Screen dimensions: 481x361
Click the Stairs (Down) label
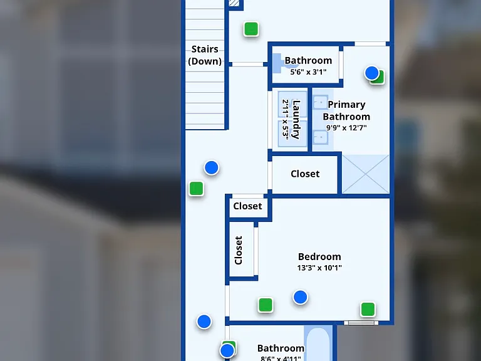[x=205, y=55]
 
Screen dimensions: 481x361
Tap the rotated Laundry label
[x=296, y=120]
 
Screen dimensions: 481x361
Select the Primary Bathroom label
[x=346, y=110]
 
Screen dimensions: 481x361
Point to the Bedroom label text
[x=319, y=256]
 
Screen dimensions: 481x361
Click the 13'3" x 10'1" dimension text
[x=319, y=268]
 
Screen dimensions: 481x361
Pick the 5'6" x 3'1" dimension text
[x=308, y=72]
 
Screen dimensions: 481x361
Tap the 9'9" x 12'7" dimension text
[x=346, y=128]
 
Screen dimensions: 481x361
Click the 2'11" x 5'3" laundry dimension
[x=286, y=120]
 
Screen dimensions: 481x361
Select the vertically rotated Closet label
[x=239, y=250]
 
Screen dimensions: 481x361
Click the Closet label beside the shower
[x=305, y=174]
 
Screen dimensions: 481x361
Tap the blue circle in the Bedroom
[x=301, y=297]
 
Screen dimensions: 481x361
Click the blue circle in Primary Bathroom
[x=372, y=73]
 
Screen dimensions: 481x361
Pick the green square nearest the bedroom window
[x=368, y=309]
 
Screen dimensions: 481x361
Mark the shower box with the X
[x=366, y=174]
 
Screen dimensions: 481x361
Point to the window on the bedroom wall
[x=361, y=323]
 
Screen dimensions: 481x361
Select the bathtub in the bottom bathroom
[x=318, y=343]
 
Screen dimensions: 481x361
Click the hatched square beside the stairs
[x=234, y=3]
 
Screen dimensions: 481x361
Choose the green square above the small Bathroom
[x=251, y=29]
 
